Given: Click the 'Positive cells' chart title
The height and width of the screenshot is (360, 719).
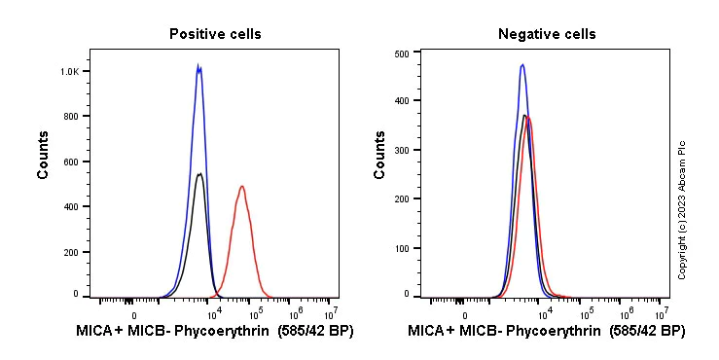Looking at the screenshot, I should (215, 34).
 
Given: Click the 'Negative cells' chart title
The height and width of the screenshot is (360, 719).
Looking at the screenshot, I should (547, 34).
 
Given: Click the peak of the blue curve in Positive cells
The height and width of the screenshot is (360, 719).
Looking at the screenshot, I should (198, 66).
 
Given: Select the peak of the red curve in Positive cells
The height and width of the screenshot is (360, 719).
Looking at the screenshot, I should (241, 186).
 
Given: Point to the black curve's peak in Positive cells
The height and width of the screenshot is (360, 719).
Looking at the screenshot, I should (199, 174).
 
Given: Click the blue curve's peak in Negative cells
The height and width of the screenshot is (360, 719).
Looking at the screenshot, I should (522, 65).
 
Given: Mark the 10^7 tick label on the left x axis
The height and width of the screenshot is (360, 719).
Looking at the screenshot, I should (331, 312).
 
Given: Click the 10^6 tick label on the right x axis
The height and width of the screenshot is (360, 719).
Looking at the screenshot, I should (627, 312).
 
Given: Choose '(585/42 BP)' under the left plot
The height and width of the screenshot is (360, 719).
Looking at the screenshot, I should (316, 332).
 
